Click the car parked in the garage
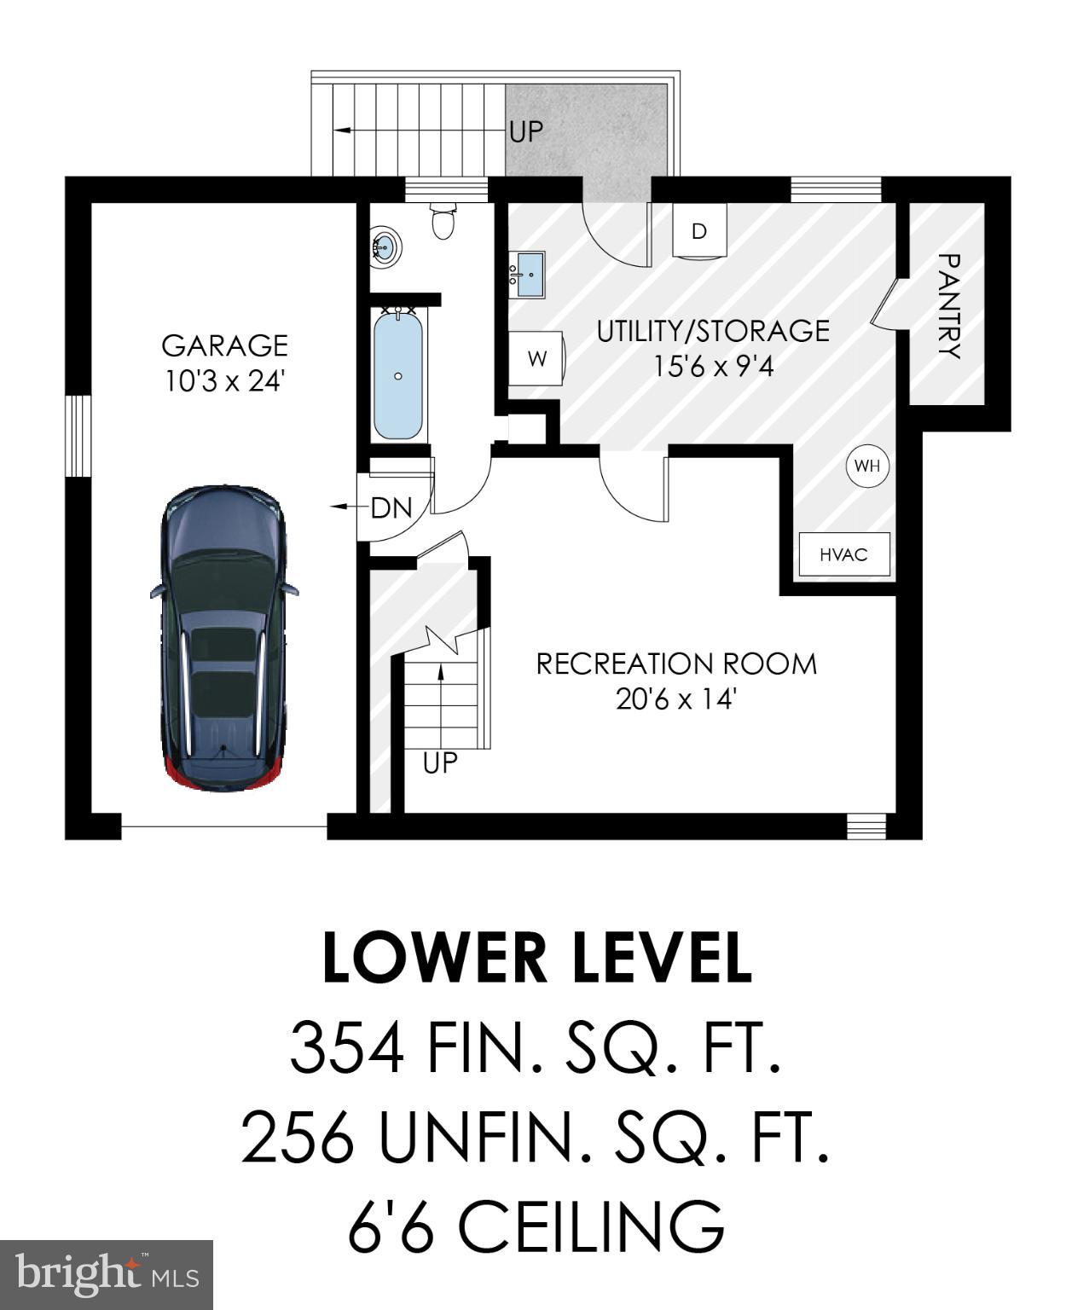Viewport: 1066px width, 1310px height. pyautogui.click(x=223, y=638)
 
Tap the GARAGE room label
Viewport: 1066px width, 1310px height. pyautogui.click(x=224, y=345)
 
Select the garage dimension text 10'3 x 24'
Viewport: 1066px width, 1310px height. pyautogui.click(x=224, y=381)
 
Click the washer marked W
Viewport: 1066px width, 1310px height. pyautogui.click(x=536, y=358)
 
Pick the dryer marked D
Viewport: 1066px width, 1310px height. pyautogui.click(x=698, y=230)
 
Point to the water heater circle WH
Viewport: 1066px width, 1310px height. pyautogui.click(x=866, y=466)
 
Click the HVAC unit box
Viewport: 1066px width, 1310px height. pyautogui.click(x=843, y=554)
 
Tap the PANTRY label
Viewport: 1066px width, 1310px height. pyautogui.click(x=948, y=305)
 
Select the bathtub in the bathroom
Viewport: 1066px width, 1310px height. pyautogui.click(x=397, y=375)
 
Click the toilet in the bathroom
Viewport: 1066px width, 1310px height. pyautogui.click(x=443, y=220)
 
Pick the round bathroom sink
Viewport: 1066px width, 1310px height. pyautogui.click(x=385, y=248)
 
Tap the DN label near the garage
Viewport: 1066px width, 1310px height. pyautogui.click(x=391, y=508)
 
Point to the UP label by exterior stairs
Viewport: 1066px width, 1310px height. pyautogui.click(x=526, y=131)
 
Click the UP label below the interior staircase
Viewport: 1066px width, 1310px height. pyautogui.click(x=440, y=762)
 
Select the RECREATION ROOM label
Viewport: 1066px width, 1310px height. pyautogui.click(x=675, y=664)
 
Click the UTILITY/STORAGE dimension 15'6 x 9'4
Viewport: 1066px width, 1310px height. pyautogui.click(x=713, y=367)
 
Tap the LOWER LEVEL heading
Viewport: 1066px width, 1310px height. pyautogui.click(x=537, y=957)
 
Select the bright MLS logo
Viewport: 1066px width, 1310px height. pyautogui.click(x=106, y=1274)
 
